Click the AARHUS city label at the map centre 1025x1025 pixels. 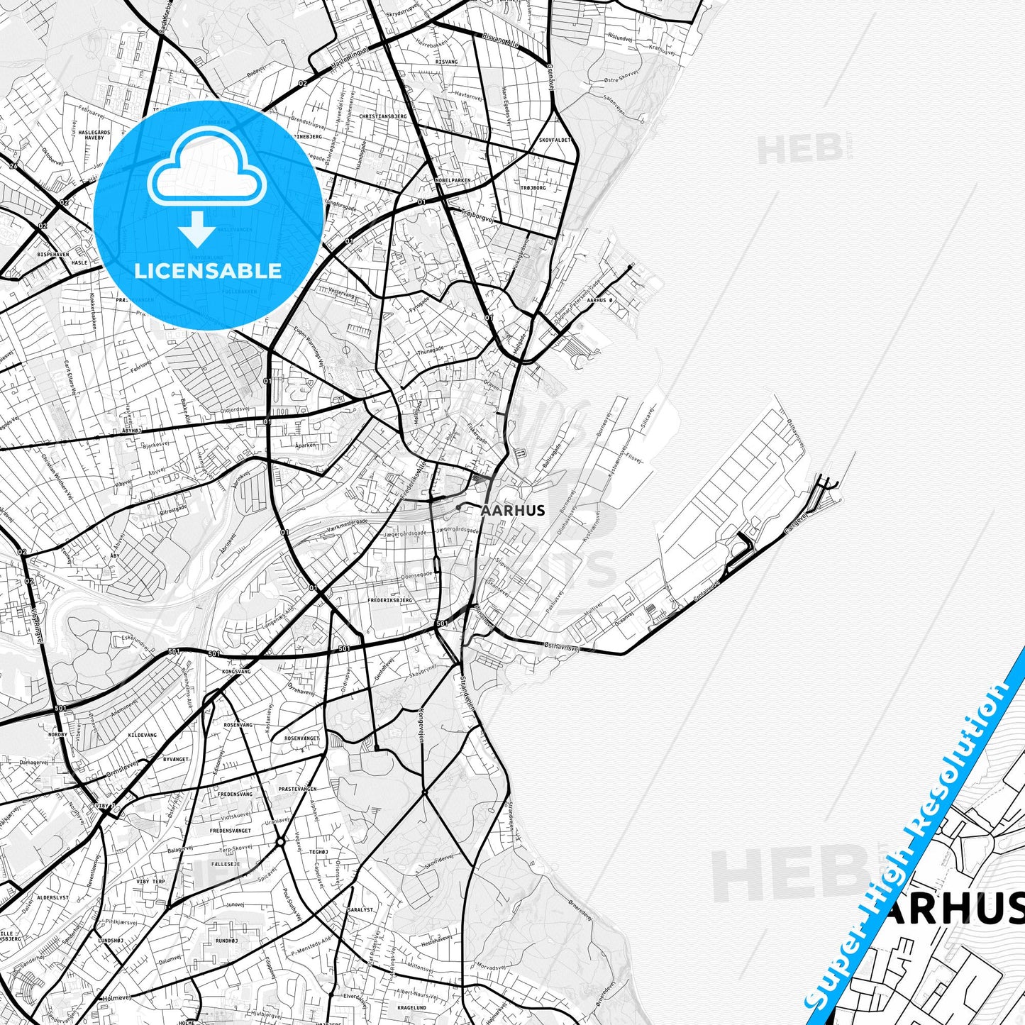click(513, 510)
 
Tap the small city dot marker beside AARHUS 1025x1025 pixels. click(460, 507)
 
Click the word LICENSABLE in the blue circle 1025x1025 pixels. click(208, 270)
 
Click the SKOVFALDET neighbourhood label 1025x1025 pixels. click(555, 140)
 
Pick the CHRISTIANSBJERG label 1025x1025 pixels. click(383, 116)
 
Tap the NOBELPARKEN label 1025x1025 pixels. click(453, 180)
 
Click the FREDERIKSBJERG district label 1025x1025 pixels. click(390, 600)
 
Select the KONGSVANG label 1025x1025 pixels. click(237, 671)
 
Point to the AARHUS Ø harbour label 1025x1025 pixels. click(600, 300)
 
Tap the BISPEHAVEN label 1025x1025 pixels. click(54, 253)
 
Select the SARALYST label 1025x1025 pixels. click(360, 909)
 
